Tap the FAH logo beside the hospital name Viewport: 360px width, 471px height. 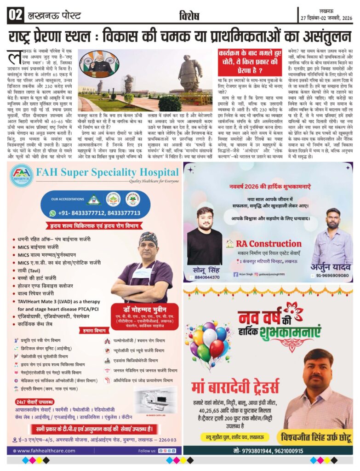click(22, 175)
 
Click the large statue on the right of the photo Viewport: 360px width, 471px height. click(189, 77)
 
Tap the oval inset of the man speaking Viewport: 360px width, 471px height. click(99, 64)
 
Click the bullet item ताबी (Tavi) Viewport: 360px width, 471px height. click(29, 270)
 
